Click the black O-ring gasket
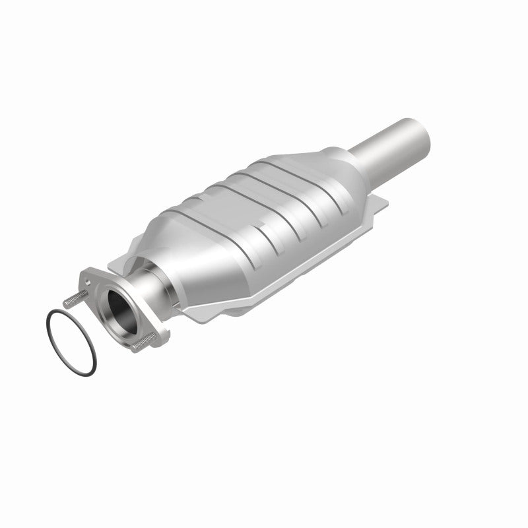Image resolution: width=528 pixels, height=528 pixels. point(49,323)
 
